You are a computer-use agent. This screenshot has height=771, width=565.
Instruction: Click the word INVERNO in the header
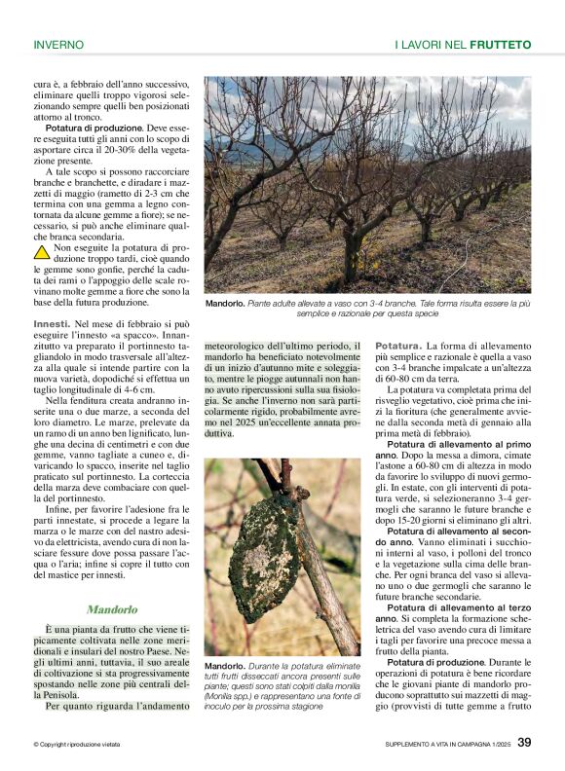click(58, 45)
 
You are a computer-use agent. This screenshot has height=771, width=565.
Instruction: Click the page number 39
click(524, 743)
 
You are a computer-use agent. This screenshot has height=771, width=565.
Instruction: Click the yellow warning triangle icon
click(42, 252)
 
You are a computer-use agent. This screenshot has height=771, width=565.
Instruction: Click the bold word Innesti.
click(52, 322)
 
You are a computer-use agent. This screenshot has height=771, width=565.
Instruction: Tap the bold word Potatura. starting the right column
click(398, 347)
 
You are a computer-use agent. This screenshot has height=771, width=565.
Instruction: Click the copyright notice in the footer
click(77, 745)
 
